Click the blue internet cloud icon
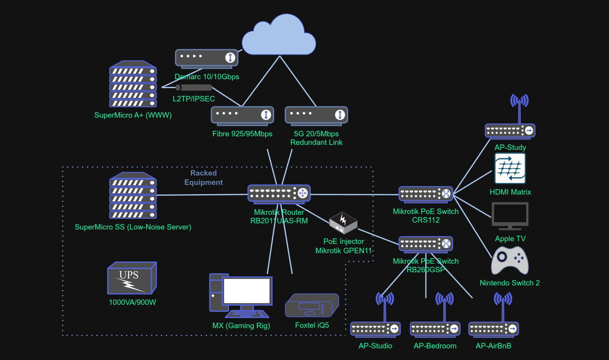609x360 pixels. coord(279,36)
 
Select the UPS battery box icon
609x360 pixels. coord(132,278)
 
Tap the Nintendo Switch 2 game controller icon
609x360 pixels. coord(510,261)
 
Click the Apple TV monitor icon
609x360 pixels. coord(510,216)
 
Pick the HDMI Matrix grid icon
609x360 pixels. coord(510,168)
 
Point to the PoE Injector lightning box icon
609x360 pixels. coord(343,223)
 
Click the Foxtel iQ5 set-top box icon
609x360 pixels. coord(312,305)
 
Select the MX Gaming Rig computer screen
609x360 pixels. coord(247,291)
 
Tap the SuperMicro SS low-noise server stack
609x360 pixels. coord(133,196)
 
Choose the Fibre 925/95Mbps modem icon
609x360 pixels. coord(242,115)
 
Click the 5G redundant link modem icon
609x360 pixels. coord(316,115)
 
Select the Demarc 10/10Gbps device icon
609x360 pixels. coord(206,58)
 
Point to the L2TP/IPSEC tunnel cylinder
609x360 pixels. coord(194,87)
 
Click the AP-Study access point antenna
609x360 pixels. coord(519,102)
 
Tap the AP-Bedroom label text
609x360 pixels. coord(435,346)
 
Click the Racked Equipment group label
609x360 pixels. coord(203,177)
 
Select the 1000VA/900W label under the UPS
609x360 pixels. coord(132,302)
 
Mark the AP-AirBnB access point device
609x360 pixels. coord(494,329)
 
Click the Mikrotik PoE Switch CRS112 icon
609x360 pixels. coord(426,194)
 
